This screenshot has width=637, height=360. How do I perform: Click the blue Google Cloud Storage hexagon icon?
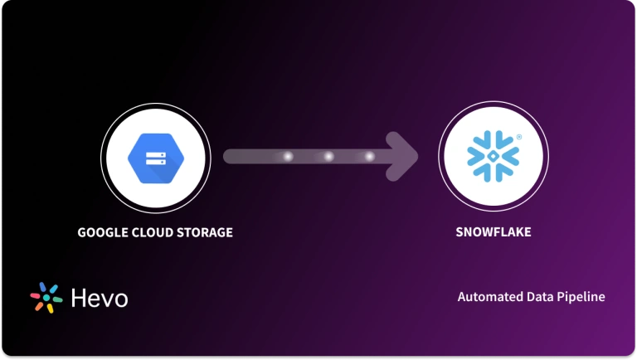click(154, 156)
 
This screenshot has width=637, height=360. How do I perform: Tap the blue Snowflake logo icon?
click(493, 156)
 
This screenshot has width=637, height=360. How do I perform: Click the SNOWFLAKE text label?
click(493, 232)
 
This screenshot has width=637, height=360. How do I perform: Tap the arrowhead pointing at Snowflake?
click(406, 156)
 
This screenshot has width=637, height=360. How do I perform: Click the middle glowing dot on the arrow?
click(328, 156)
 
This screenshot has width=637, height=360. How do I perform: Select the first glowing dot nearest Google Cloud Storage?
click(288, 156)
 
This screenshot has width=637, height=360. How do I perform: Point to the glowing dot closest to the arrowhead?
click(369, 156)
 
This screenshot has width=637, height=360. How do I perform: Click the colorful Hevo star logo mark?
click(46, 298)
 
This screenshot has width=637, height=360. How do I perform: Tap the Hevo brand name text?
click(100, 298)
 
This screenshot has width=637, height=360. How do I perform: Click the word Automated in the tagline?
click(489, 297)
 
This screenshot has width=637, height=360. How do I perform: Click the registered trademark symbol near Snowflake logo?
click(519, 134)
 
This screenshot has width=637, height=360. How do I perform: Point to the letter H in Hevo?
click(79, 298)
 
